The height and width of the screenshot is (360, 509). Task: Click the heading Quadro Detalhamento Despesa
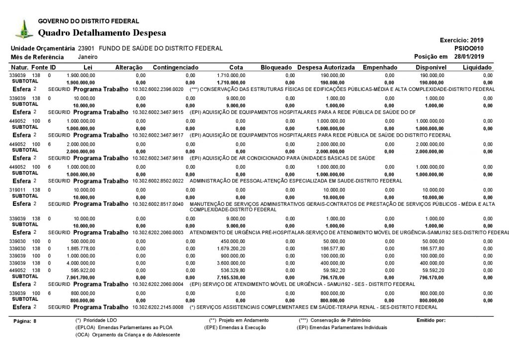tap(102, 33)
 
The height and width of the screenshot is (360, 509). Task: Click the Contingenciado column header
tap(176, 67)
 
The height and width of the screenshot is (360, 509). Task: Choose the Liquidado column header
tap(477, 67)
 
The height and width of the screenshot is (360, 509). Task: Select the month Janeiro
tap(87, 57)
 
